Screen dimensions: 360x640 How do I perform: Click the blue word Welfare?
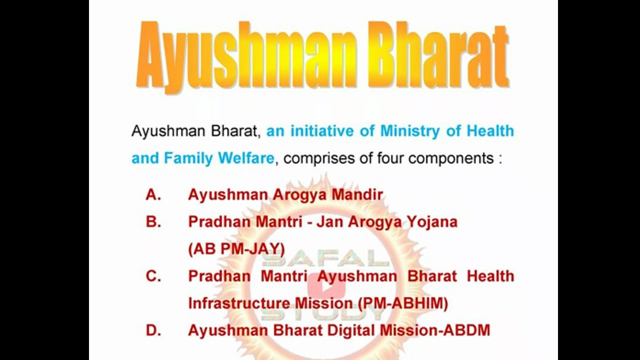(x=246, y=158)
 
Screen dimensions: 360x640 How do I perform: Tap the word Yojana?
(x=432, y=222)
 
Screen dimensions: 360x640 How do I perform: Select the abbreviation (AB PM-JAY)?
(x=236, y=249)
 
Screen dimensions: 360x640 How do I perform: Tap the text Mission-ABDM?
(x=434, y=330)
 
